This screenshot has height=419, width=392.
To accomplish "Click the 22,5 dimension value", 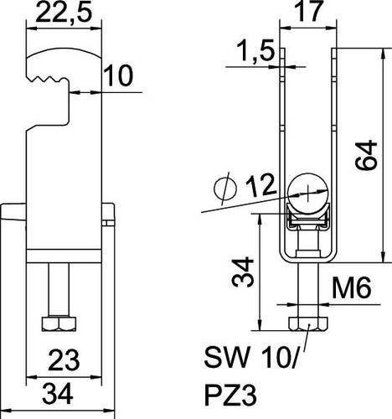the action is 64,12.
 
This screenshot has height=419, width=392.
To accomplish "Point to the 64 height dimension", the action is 366,155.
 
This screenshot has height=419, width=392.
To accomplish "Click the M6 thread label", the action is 351,288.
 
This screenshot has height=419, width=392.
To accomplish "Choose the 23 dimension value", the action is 64,360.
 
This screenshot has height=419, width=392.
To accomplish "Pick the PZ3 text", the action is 230,396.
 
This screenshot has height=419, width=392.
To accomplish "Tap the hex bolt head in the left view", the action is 59,323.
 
